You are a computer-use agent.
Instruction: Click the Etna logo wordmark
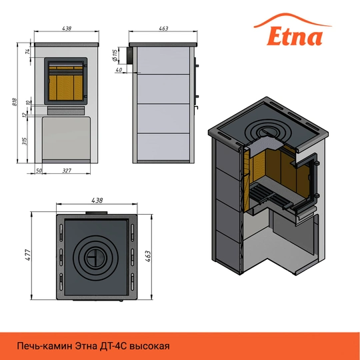tap(295, 36)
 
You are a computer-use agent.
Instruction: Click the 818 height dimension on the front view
tap(14, 102)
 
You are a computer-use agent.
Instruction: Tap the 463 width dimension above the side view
tap(164, 29)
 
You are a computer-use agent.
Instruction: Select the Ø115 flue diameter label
tap(115, 56)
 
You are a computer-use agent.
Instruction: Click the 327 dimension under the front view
tap(67, 171)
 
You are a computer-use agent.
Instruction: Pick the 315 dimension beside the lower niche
tap(25, 141)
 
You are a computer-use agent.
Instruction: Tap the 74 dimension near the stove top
tap(27, 51)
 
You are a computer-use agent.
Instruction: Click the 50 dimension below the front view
tap(39, 171)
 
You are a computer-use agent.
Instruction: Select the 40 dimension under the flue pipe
tap(119, 70)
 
